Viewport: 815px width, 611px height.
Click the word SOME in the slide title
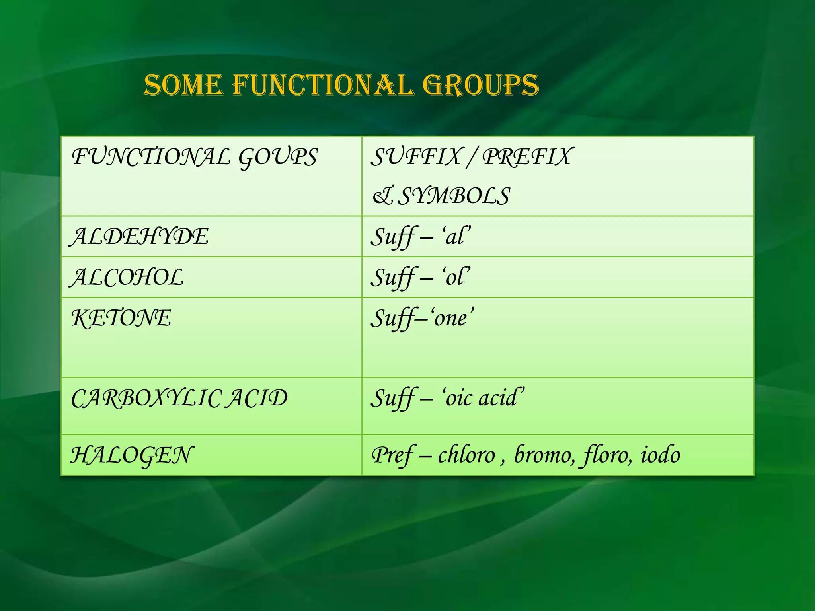coord(183,85)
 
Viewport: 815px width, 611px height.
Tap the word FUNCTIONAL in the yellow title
coord(323,85)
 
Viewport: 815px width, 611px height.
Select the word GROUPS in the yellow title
coord(480,85)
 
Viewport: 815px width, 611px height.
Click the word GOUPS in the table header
coord(278,157)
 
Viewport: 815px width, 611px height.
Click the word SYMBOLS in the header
coord(454,196)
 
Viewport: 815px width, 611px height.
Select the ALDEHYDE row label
coord(139,237)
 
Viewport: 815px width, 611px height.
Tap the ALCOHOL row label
coord(127,277)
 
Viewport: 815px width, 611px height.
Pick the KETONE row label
coord(121,318)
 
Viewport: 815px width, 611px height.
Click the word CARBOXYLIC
coord(145,398)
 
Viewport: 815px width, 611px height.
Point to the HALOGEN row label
coord(132,455)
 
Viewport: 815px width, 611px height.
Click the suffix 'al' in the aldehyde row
coord(455,237)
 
